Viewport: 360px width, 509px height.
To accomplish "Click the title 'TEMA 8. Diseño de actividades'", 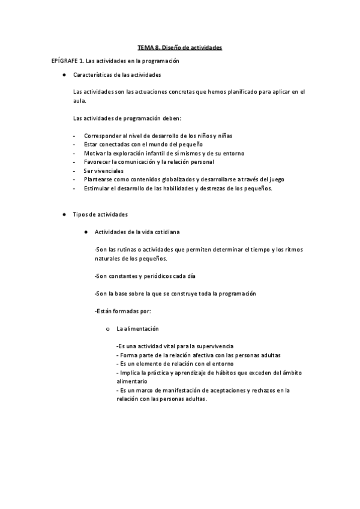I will tap(180, 47).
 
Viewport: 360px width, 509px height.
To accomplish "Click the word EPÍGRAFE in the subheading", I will tap(65, 61).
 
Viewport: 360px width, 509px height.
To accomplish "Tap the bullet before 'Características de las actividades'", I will tap(62, 75).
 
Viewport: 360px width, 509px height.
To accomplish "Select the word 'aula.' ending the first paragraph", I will tap(79, 101).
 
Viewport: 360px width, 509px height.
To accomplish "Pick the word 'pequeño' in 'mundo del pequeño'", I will tap(190, 145).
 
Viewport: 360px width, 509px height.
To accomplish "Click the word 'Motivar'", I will tap(94, 153).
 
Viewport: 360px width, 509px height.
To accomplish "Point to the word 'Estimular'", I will tap(97, 188).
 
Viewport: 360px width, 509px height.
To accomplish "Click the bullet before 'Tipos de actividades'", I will tap(62, 214).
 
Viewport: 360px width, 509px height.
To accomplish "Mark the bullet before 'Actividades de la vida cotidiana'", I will tap(86, 231).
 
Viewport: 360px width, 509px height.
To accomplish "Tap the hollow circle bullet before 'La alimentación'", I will tap(107, 329).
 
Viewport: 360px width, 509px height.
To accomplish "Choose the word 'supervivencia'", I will tap(212, 346).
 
